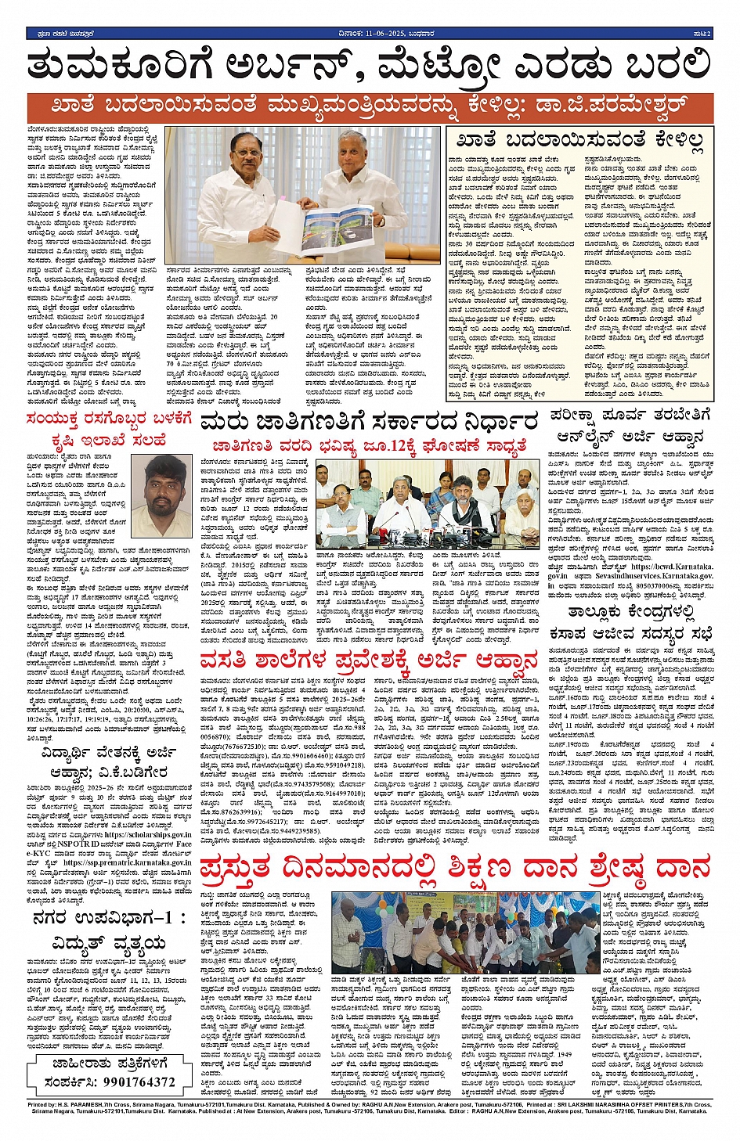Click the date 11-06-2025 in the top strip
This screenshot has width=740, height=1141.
[x=366, y=34]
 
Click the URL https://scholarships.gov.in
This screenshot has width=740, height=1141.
[x=147, y=835]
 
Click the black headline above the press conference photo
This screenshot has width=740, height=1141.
[x=370, y=423]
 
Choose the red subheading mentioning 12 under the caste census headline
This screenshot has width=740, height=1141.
[x=370, y=447]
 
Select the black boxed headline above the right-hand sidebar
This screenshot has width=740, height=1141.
[x=580, y=141]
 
